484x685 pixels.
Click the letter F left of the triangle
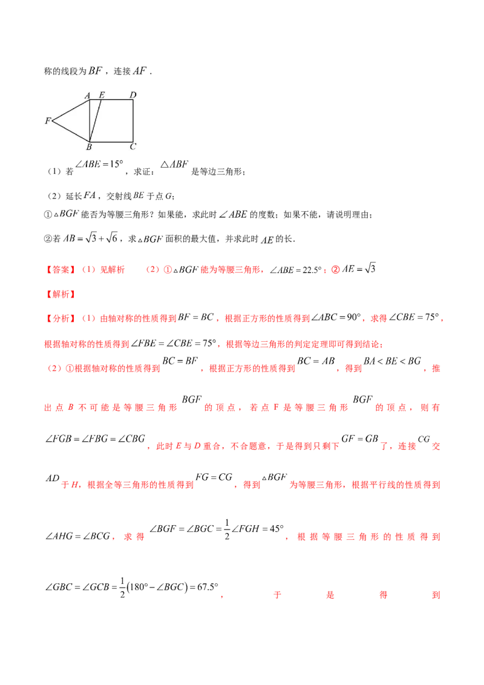click(x=47, y=121)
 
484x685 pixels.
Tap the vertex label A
click(x=87, y=95)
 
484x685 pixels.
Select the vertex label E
click(x=101, y=95)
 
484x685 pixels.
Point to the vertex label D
click(x=132, y=95)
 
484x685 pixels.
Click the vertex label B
click(x=88, y=147)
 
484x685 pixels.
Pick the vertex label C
click(x=132, y=146)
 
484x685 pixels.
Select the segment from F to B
click(x=71, y=132)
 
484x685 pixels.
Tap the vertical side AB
click(x=90, y=121)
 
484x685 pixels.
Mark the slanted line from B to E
click(x=96, y=121)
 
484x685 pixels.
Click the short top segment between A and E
click(x=96, y=100)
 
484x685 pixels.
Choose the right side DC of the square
click(x=134, y=121)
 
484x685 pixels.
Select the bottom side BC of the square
click(x=112, y=142)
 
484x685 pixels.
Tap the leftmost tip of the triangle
click(x=53, y=121)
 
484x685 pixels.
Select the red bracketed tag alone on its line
click(x=60, y=293)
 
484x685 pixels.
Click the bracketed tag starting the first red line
click(x=60, y=270)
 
